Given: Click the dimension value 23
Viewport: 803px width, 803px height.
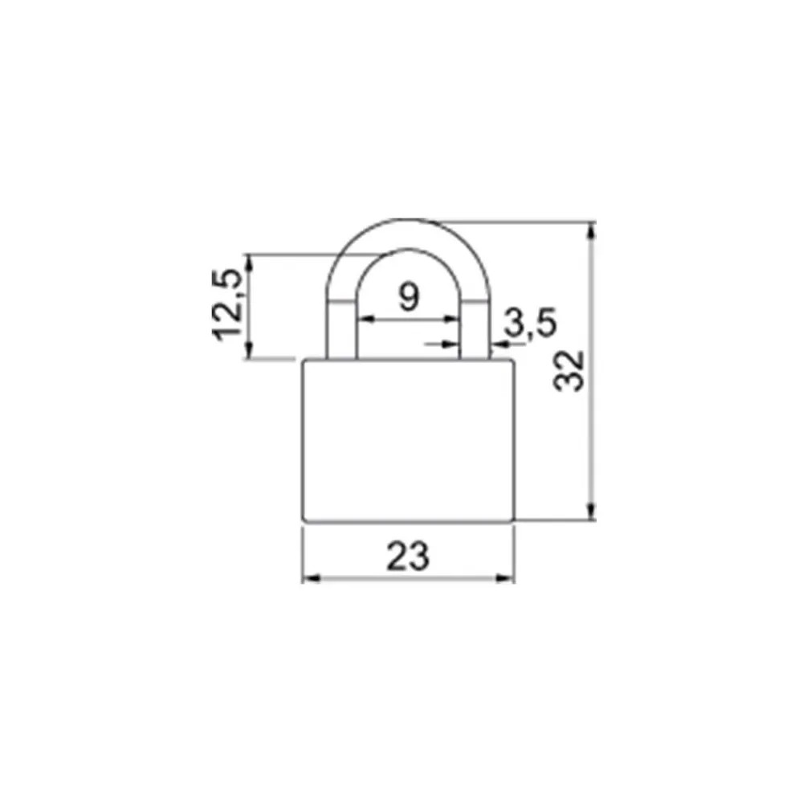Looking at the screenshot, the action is click(408, 556).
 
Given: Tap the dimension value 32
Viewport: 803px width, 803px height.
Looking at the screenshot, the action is click(569, 371).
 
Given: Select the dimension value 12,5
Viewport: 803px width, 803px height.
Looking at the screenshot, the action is click(226, 304).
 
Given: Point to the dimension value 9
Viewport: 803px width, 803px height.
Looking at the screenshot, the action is click(410, 296).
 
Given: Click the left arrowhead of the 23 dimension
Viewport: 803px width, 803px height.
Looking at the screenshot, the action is click(312, 578).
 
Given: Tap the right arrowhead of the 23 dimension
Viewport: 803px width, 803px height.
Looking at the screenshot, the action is click(504, 578).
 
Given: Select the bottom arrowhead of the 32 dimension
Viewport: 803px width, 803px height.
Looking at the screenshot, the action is click(591, 511).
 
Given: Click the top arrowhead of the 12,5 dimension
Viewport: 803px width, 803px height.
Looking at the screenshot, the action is click(249, 263).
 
